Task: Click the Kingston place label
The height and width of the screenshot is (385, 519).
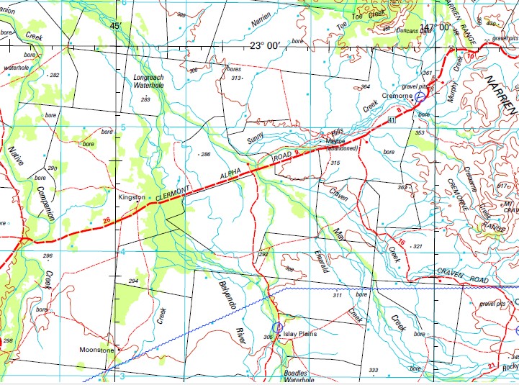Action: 132,196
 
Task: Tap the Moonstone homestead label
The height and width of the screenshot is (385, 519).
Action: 96,350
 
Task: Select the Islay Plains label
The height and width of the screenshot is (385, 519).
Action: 300,335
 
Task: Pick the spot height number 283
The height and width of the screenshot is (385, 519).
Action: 145,99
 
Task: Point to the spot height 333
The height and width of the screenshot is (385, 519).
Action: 373,370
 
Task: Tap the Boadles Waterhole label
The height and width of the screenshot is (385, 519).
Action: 295,377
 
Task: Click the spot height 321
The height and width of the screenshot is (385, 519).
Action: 416,246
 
